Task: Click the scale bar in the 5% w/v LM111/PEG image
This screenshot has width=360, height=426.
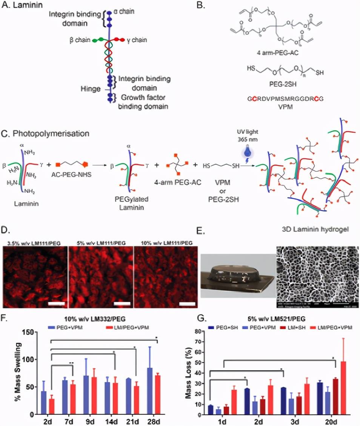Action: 122,292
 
